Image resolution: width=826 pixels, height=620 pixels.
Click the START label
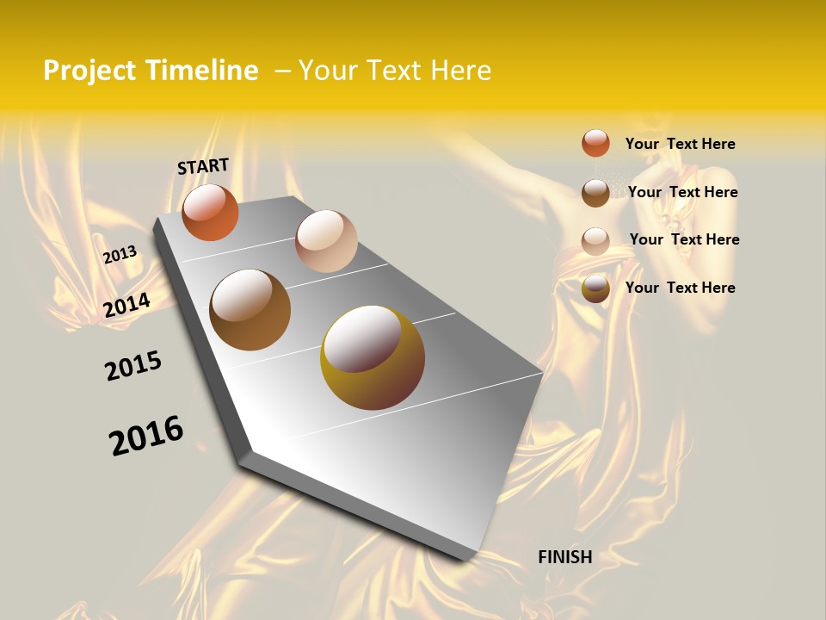pyautogui.click(x=203, y=166)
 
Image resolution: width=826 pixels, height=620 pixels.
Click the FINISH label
pyautogui.click(x=564, y=557)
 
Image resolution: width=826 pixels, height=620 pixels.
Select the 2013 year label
pyautogui.click(x=120, y=255)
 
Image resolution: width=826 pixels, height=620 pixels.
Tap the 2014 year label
pyautogui.click(x=126, y=305)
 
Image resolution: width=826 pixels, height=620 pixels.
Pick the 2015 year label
pyautogui.click(x=133, y=366)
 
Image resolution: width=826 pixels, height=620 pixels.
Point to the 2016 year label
pyautogui.click(x=146, y=436)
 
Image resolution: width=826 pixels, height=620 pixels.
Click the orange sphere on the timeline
pyautogui.click(x=210, y=212)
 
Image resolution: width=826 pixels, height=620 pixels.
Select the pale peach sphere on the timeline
pyautogui.click(x=326, y=241)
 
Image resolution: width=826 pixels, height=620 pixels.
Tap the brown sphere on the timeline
pyautogui.click(x=250, y=310)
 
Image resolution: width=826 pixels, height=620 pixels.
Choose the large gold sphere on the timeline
pyautogui.click(x=373, y=357)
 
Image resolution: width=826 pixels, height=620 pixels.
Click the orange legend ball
pyautogui.click(x=595, y=143)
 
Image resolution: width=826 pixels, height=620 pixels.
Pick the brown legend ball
pyautogui.click(x=595, y=193)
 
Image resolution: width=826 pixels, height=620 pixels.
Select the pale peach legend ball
pyautogui.click(x=595, y=241)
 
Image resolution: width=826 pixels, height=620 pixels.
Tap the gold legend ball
pyautogui.click(x=595, y=289)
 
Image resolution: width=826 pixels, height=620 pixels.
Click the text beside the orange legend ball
pyautogui.click(x=680, y=144)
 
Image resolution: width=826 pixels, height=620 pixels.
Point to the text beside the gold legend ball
pyautogui.click(x=680, y=288)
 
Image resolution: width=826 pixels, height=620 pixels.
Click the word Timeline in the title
pyautogui.click(x=201, y=71)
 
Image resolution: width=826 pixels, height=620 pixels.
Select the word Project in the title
pyautogui.click(x=89, y=71)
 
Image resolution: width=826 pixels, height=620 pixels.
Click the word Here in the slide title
pyautogui.click(x=461, y=71)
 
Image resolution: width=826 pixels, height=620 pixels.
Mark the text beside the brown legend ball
pyautogui.click(x=682, y=192)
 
